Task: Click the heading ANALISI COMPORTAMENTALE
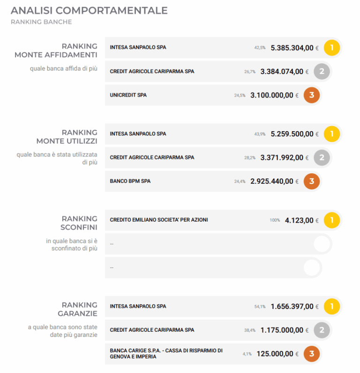(x=89, y=10)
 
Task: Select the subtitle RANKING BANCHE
(x=41, y=22)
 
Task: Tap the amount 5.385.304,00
(x=292, y=48)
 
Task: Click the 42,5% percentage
(x=260, y=48)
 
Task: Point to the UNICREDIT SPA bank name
(x=128, y=95)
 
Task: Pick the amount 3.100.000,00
(x=271, y=95)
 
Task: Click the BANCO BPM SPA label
(x=130, y=181)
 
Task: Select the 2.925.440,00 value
(x=271, y=181)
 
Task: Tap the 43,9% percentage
(x=260, y=134)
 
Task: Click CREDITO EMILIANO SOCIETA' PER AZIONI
(x=158, y=220)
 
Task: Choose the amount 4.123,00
(x=299, y=220)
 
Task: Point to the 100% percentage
(x=275, y=220)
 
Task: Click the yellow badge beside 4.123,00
(x=332, y=220)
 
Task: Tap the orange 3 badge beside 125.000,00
(x=312, y=354)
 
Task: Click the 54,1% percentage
(x=260, y=306)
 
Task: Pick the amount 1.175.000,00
(x=282, y=330)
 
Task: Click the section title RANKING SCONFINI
(x=79, y=223)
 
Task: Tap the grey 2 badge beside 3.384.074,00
(x=322, y=72)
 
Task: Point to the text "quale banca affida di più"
(x=63, y=68)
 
